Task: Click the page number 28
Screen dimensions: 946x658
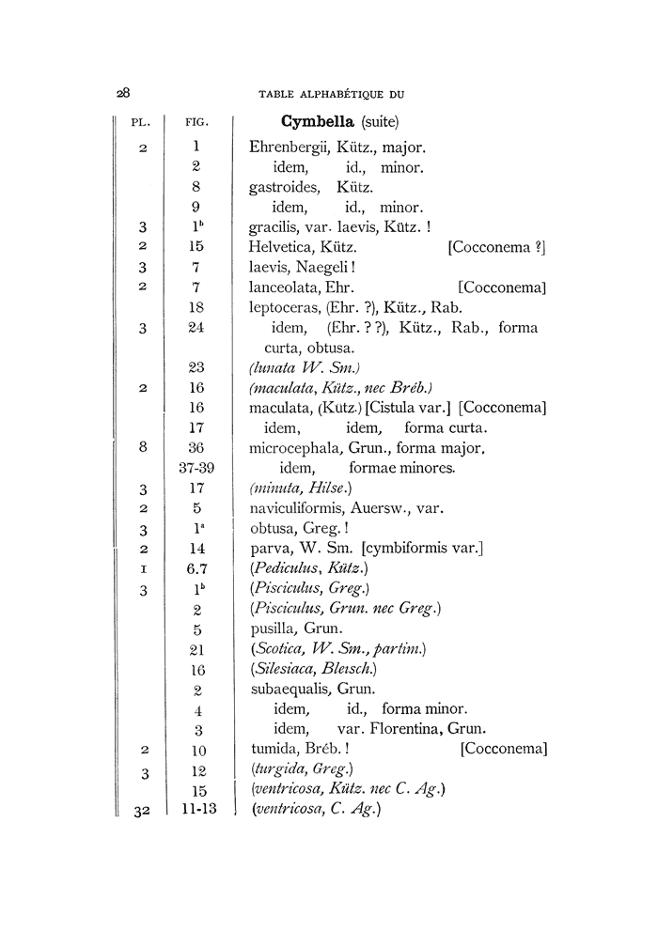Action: [x=122, y=93]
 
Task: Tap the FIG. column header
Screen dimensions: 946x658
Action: [x=197, y=123]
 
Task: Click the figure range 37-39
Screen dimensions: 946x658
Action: [x=197, y=468]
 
